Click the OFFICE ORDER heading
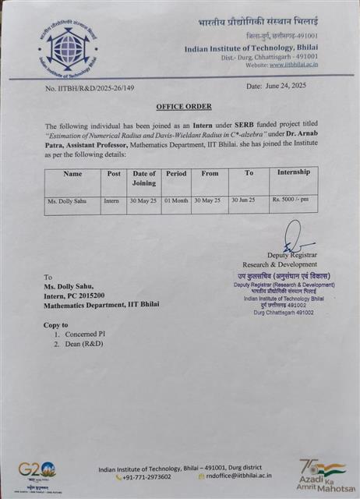click(x=183, y=106)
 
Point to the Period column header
click(x=176, y=173)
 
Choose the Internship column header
click(x=293, y=172)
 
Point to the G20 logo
click(x=37, y=469)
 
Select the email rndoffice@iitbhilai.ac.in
click(x=239, y=476)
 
